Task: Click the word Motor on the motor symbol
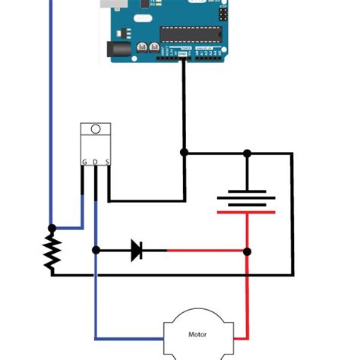pos(197,333)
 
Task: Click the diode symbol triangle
pos(137,250)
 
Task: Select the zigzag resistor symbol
pos(52,251)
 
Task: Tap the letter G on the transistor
pos(84,162)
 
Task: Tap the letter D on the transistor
pos(96,162)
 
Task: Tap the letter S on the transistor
pos(107,162)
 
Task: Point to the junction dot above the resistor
pos(52,228)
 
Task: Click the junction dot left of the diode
pos(96,250)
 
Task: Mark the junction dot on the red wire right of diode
pos(247,251)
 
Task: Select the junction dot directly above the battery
pos(247,153)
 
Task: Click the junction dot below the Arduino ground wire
pos(184,153)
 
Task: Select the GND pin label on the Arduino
pos(183,55)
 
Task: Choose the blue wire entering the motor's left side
pos(129,338)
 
